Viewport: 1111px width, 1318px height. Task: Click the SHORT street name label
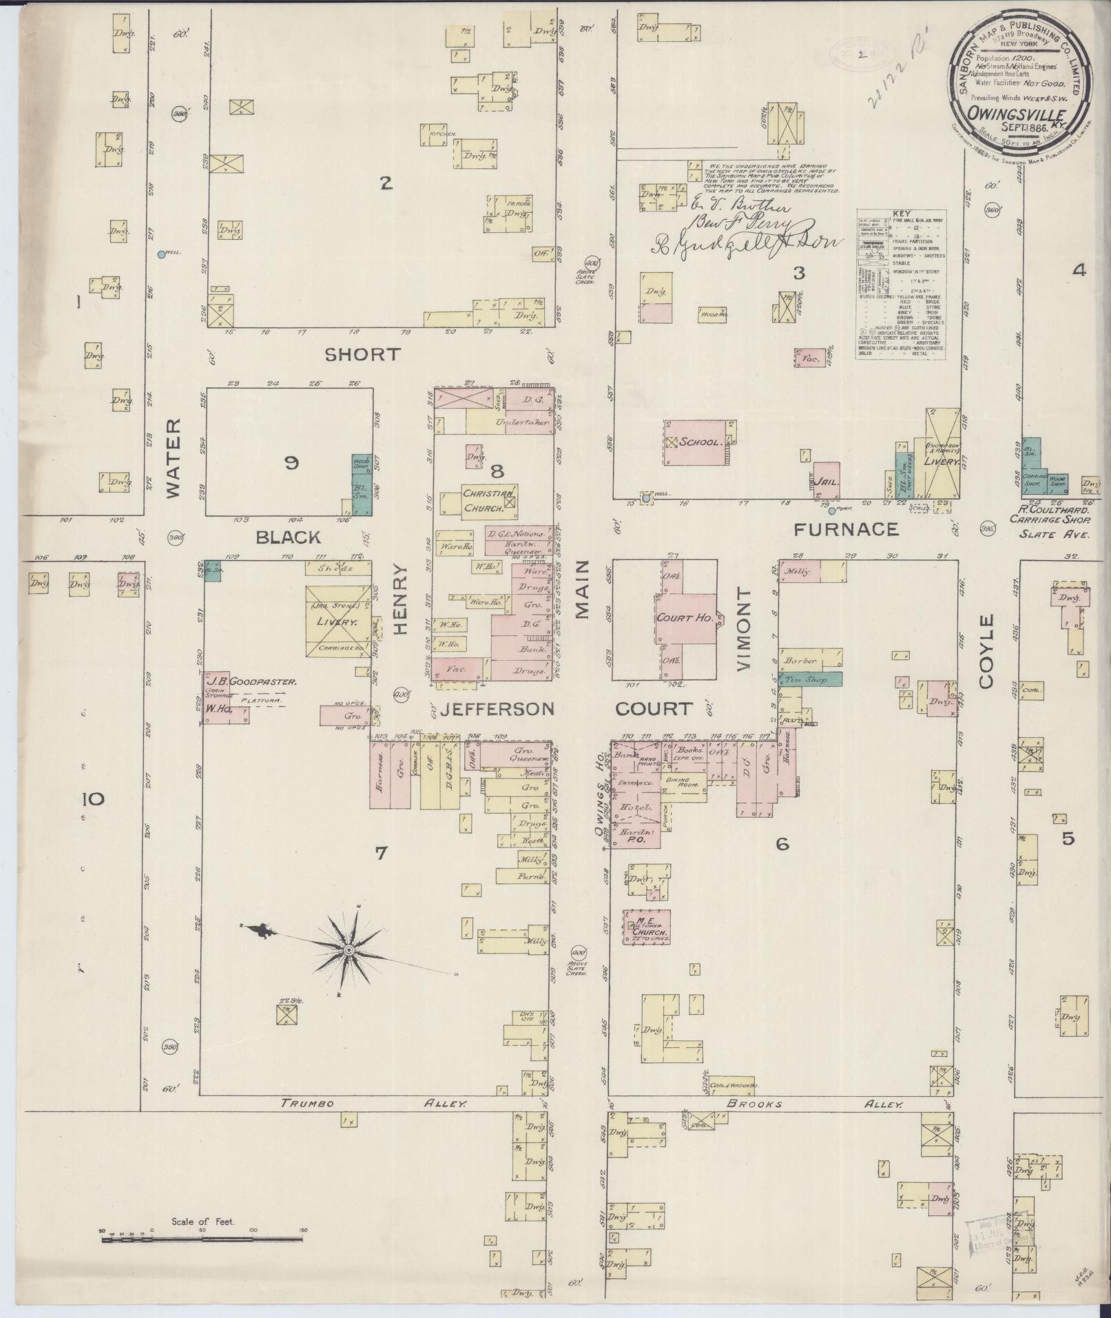click(362, 354)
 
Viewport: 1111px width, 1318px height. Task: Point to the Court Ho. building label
click(685, 618)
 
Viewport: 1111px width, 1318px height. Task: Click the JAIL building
click(826, 482)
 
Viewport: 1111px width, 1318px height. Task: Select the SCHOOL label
click(699, 442)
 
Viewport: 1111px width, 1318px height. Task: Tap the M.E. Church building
click(647, 926)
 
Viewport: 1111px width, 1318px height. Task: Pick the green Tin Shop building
click(810, 679)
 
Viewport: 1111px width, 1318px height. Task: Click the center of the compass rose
click(349, 949)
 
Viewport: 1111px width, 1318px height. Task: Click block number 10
click(93, 799)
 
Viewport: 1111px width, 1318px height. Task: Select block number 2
click(386, 183)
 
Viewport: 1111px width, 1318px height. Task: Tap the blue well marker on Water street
click(161, 254)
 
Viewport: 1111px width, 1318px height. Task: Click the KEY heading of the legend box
click(900, 214)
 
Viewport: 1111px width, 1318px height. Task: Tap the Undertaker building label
click(512, 421)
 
